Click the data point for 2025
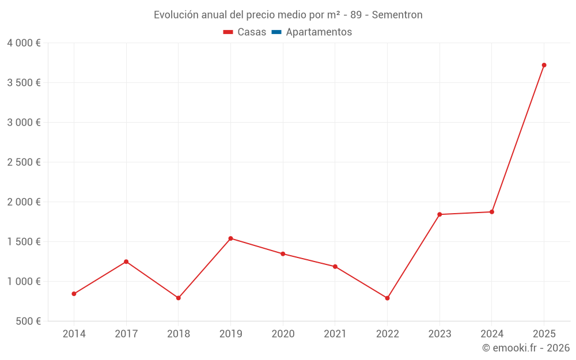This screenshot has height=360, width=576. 544,65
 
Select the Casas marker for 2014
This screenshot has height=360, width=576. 74,294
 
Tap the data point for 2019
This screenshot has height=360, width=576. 230,238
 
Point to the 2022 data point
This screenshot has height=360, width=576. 387,298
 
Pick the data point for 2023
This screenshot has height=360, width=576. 439,214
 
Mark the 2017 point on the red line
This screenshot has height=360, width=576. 126,262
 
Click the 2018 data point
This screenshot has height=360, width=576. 179,298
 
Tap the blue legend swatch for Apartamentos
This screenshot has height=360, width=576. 276,32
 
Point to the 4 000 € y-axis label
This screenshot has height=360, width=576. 24,43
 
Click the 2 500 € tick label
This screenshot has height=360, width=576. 24,162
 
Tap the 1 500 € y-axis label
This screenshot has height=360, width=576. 24,242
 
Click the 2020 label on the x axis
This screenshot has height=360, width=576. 283,334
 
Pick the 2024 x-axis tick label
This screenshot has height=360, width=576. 491,334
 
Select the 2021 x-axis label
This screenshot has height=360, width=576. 335,334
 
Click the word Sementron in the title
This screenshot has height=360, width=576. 397,15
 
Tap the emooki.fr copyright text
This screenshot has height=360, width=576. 526,348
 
